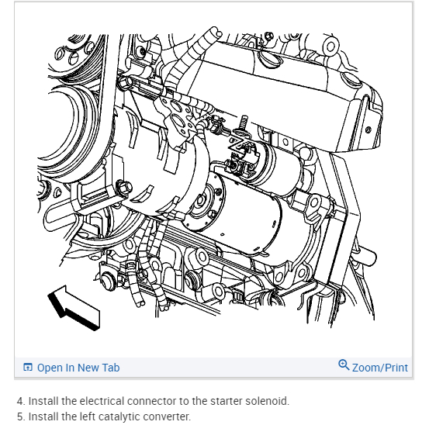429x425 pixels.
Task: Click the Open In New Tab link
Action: point(78,368)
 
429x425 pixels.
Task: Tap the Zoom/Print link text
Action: point(380,368)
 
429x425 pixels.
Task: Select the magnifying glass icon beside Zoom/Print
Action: point(344,365)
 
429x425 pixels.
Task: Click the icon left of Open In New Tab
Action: point(28,367)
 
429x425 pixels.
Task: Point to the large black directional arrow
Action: point(74,308)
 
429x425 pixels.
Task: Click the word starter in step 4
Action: point(226,401)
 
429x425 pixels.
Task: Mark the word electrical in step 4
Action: point(102,401)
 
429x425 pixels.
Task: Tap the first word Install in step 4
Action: point(43,401)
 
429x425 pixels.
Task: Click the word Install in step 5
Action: point(43,416)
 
